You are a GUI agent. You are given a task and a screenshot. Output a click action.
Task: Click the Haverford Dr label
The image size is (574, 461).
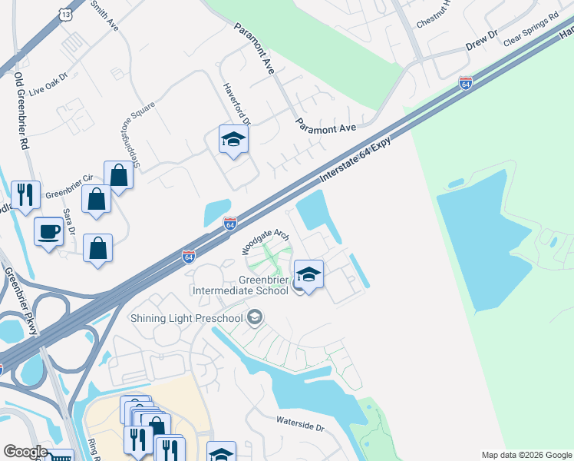[x=237, y=104]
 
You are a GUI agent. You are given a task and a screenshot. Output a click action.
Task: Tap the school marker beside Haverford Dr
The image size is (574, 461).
[x=233, y=140]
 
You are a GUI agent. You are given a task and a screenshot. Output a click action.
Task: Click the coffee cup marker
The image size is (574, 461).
[x=49, y=231]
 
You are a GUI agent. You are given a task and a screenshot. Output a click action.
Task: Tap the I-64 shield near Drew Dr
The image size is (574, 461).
[x=465, y=83]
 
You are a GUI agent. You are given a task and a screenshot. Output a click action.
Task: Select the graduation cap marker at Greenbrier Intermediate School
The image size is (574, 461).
[x=308, y=274]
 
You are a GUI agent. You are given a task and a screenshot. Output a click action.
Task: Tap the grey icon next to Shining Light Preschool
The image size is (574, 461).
[x=256, y=318]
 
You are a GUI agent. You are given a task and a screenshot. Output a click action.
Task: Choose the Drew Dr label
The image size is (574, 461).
[x=482, y=41]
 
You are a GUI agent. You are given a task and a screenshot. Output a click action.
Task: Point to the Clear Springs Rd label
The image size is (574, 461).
[x=531, y=30]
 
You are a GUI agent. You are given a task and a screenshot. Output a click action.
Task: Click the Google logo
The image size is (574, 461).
[x=25, y=451]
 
